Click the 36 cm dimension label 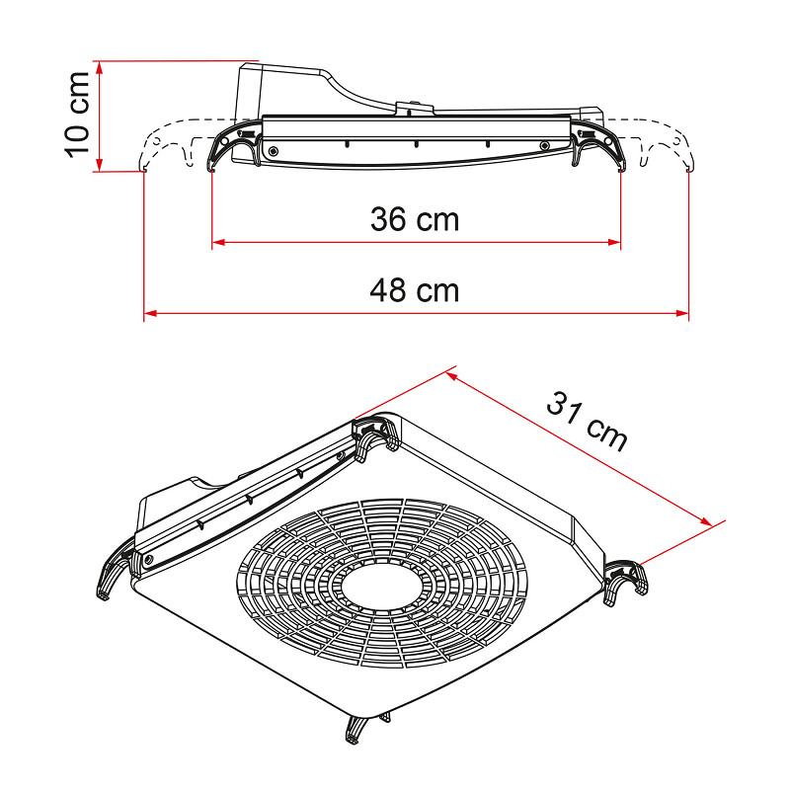(x=415, y=219)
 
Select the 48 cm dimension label (x=415, y=290)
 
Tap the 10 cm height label (x=78, y=115)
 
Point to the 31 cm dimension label (x=587, y=421)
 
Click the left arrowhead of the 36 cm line (x=218, y=242)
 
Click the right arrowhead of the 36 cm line (x=614, y=242)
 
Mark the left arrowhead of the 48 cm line (x=151, y=313)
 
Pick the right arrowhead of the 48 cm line (x=682, y=313)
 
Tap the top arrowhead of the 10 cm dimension (x=100, y=67)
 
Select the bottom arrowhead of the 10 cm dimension (x=100, y=165)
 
